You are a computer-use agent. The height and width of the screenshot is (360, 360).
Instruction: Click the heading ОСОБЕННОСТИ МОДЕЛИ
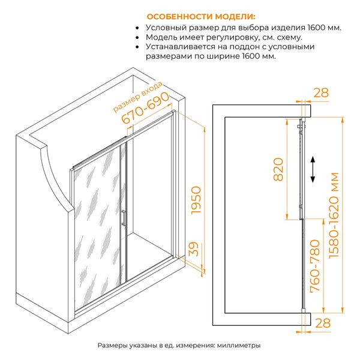(x=201, y=17)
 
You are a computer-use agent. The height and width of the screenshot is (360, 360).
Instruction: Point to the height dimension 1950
(x=196, y=200)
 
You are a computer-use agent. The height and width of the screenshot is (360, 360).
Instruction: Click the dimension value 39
(x=193, y=248)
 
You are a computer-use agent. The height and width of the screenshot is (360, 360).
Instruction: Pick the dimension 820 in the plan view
(x=278, y=169)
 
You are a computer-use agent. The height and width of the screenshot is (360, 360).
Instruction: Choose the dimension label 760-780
(x=315, y=266)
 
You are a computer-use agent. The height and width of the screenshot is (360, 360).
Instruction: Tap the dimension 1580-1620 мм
(x=334, y=215)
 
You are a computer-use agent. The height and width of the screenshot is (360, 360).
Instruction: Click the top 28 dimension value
(x=321, y=93)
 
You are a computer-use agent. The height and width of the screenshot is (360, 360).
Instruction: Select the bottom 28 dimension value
(x=323, y=323)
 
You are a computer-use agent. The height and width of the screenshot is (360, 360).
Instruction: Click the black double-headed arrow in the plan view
(x=313, y=169)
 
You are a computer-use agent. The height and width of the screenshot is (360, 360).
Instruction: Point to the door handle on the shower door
(x=123, y=218)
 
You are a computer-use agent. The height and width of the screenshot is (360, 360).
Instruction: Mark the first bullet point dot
(x=137, y=28)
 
